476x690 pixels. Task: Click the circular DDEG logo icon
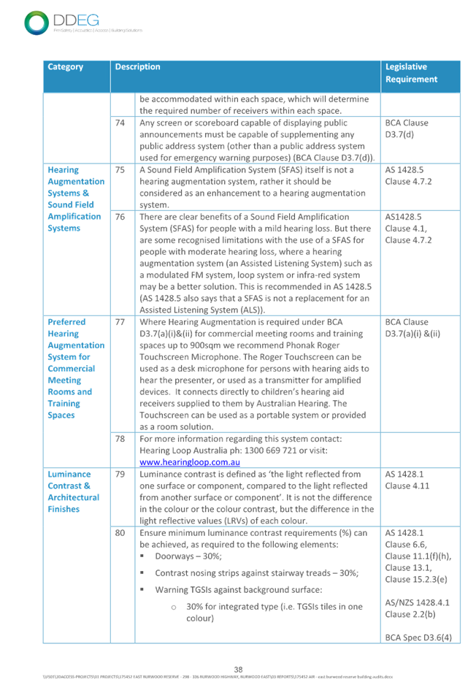coord(36,23)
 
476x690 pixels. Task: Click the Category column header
coord(66,67)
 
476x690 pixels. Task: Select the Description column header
coord(137,67)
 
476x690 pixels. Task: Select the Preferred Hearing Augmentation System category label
coord(75,369)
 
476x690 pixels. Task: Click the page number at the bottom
coord(237,670)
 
